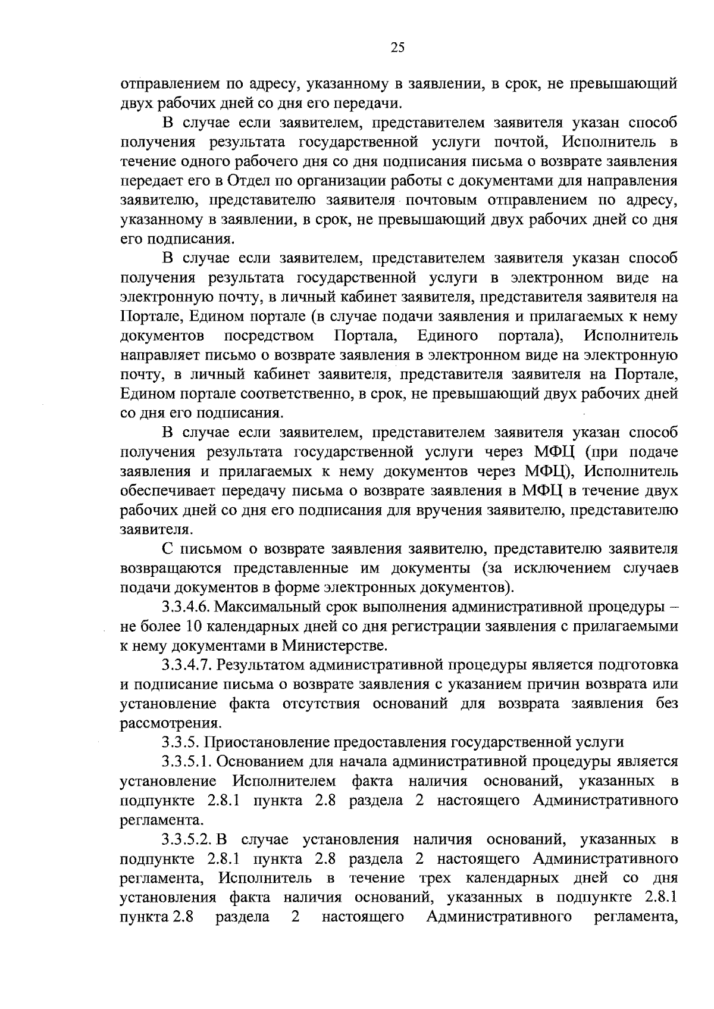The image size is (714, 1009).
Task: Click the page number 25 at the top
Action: click(x=398, y=49)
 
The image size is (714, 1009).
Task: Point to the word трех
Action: click(x=436, y=878)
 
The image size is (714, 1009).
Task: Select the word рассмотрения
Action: click(x=164, y=723)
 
